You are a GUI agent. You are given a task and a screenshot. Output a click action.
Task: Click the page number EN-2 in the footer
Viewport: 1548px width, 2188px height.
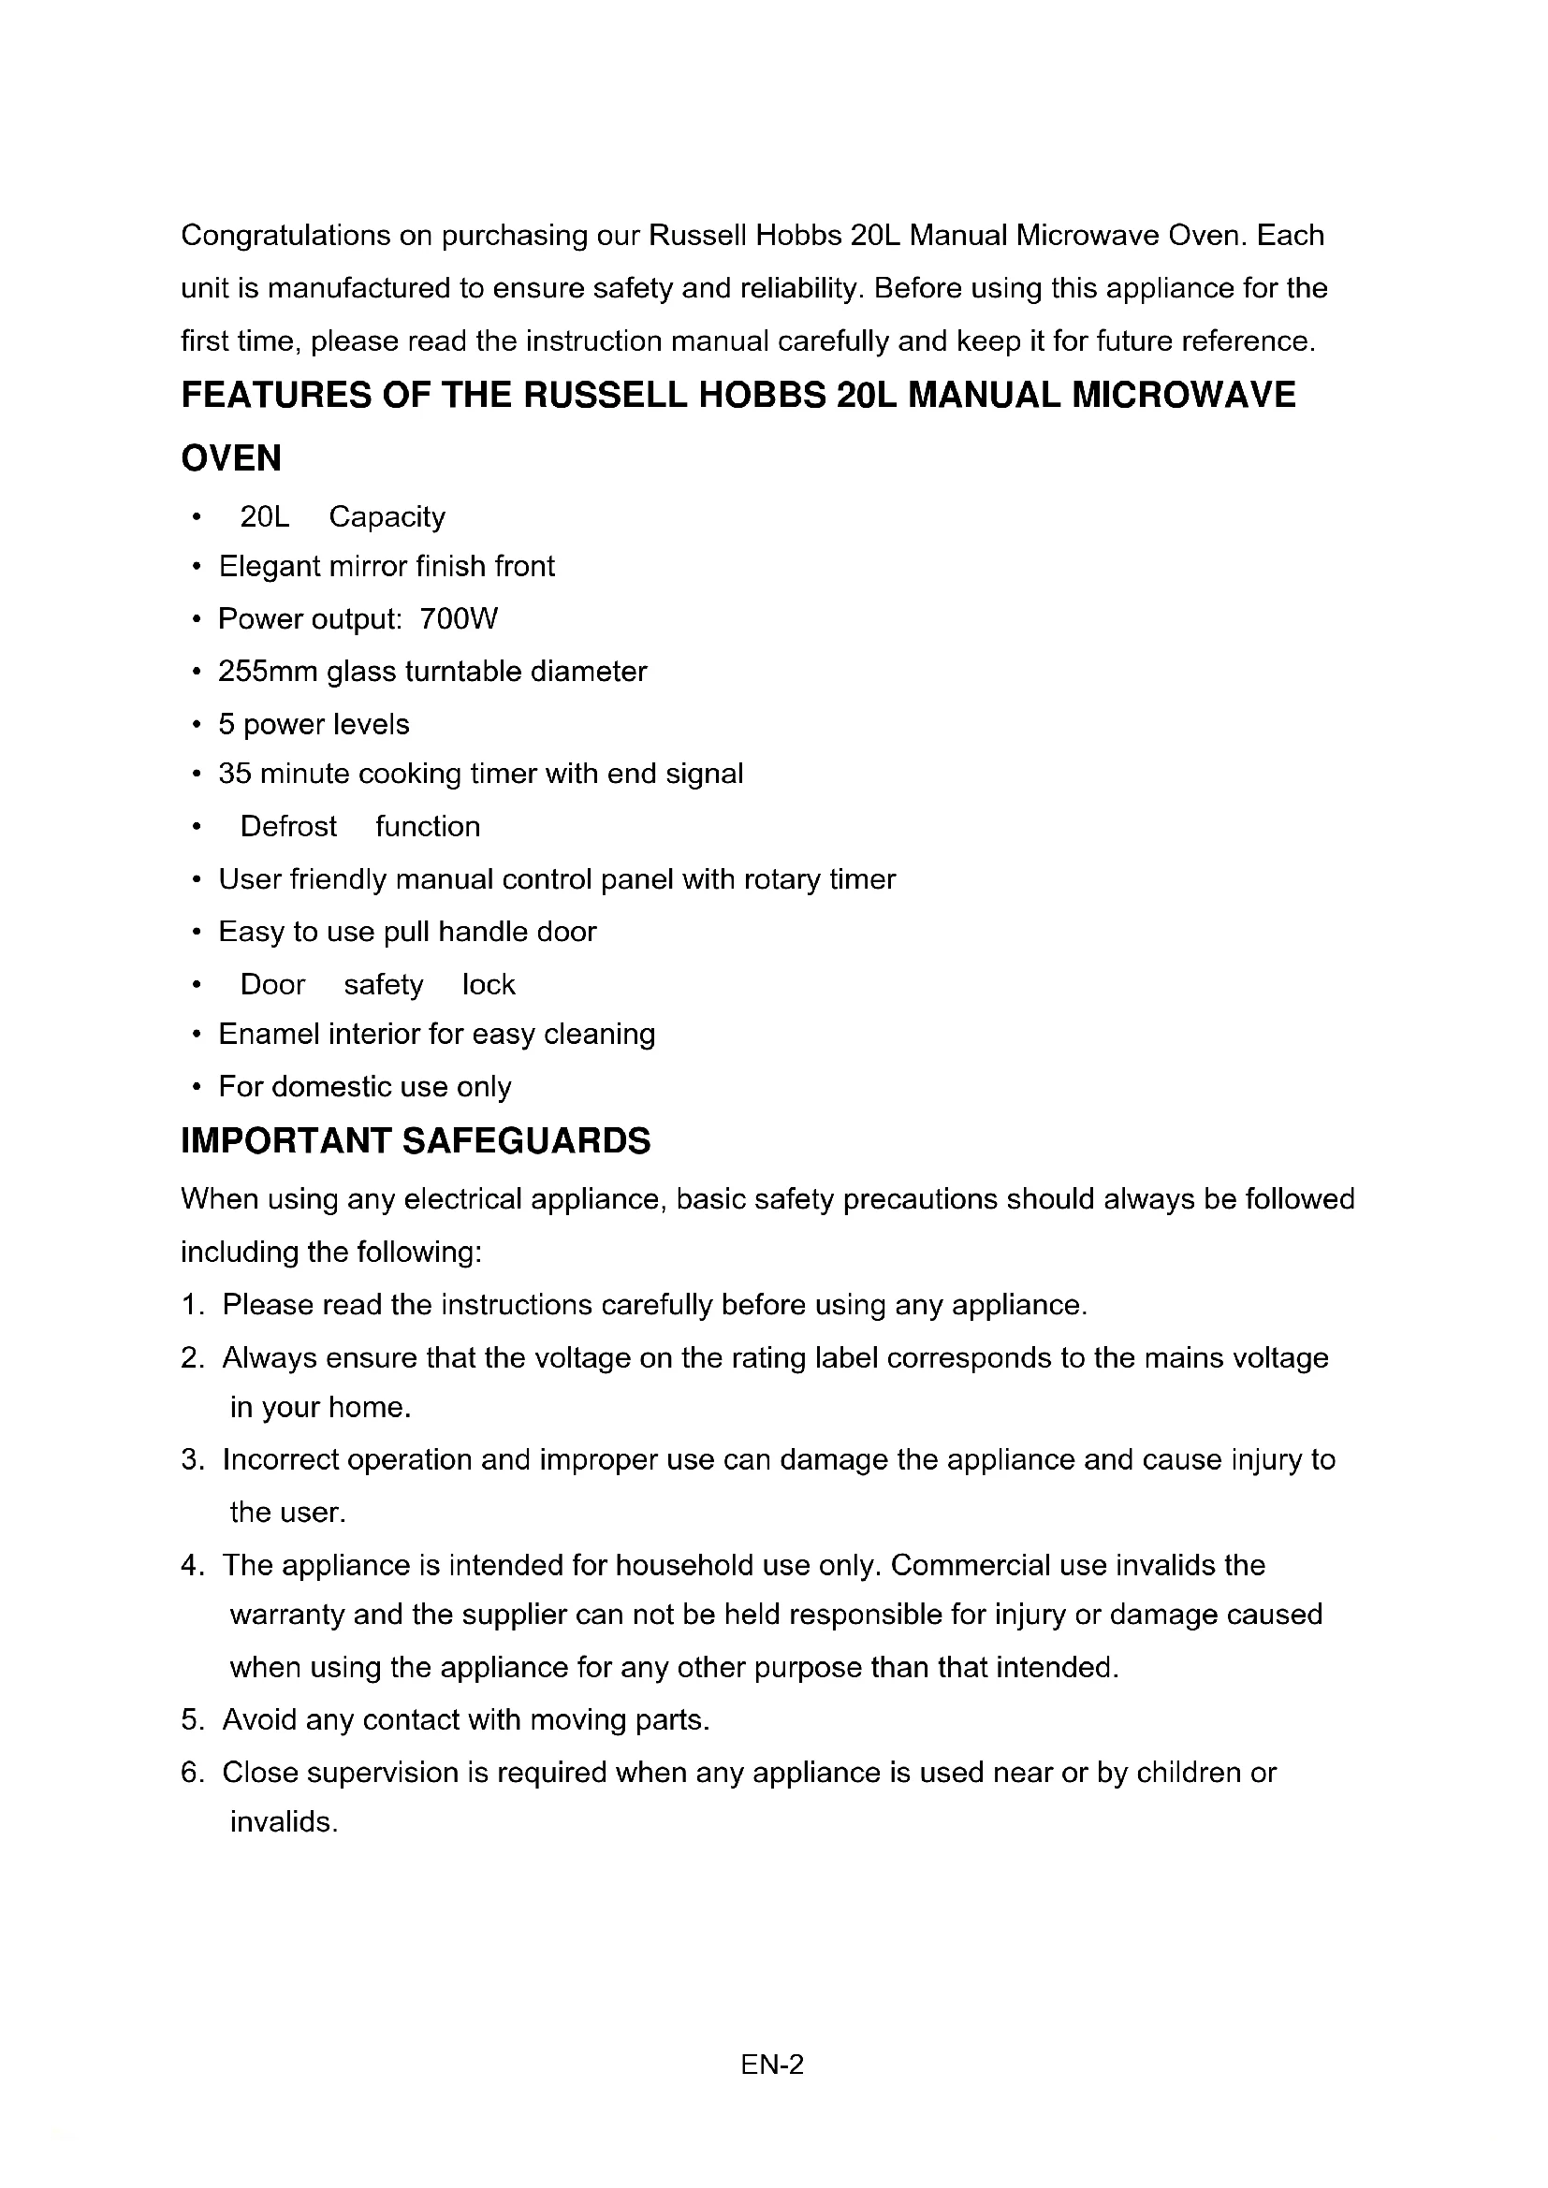(x=772, y=2065)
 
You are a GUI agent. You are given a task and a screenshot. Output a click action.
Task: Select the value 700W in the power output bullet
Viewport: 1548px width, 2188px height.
(x=459, y=619)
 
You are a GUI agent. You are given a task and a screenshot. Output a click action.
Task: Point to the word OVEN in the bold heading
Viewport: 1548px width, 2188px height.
(x=231, y=458)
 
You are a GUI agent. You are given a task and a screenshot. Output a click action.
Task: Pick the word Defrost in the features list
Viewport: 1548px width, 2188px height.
(x=288, y=826)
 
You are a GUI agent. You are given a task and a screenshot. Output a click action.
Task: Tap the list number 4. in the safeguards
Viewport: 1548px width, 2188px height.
(x=193, y=1566)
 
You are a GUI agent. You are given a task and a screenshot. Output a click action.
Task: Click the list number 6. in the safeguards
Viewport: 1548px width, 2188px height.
(x=193, y=1773)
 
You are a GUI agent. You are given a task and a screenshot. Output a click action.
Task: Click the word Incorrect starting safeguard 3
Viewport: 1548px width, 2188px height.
(x=280, y=1460)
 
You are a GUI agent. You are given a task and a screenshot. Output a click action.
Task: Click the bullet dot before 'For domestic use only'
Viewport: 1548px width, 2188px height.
(x=196, y=1088)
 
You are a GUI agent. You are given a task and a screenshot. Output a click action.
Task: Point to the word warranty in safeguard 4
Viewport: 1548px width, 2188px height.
(x=286, y=1616)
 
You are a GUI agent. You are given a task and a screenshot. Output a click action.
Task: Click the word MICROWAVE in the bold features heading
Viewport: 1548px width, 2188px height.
(x=1184, y=396)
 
